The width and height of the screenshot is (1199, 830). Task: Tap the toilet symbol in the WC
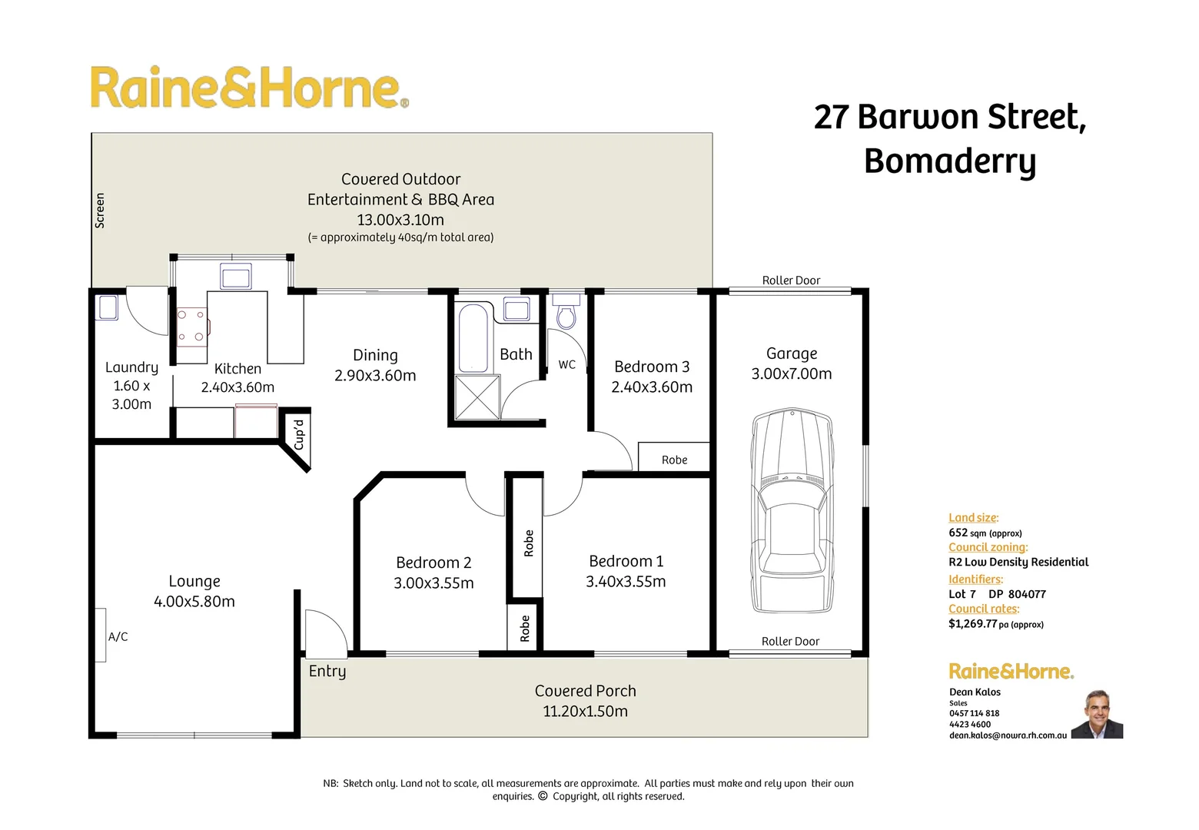point(566,313)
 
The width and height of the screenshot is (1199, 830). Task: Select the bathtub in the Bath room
point(473,338)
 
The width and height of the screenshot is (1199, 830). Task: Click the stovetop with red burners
point(191,325)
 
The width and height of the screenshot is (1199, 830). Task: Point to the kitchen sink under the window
point(235,276)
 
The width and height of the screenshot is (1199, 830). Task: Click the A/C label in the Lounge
point(118,636)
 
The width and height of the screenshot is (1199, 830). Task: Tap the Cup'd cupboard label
point(299,434)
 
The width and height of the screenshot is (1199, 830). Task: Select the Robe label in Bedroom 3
point(674,460)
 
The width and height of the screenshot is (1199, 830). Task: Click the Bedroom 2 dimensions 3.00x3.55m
point(433,583)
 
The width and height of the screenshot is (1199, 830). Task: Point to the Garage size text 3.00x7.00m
point(791,373)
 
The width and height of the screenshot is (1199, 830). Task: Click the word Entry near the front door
point(327,671)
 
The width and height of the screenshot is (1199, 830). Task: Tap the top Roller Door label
point(791,281)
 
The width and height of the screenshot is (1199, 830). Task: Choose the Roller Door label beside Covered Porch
point(790,641)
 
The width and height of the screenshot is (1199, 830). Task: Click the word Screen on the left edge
point(100,211)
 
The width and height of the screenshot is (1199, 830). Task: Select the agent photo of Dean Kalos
point(1097,715)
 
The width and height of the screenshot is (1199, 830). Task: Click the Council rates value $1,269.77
point(972,624)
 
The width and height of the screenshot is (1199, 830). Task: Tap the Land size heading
point(973,518)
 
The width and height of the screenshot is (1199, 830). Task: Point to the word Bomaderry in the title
point(949,161)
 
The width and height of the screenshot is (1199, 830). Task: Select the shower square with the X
point(477,397)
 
